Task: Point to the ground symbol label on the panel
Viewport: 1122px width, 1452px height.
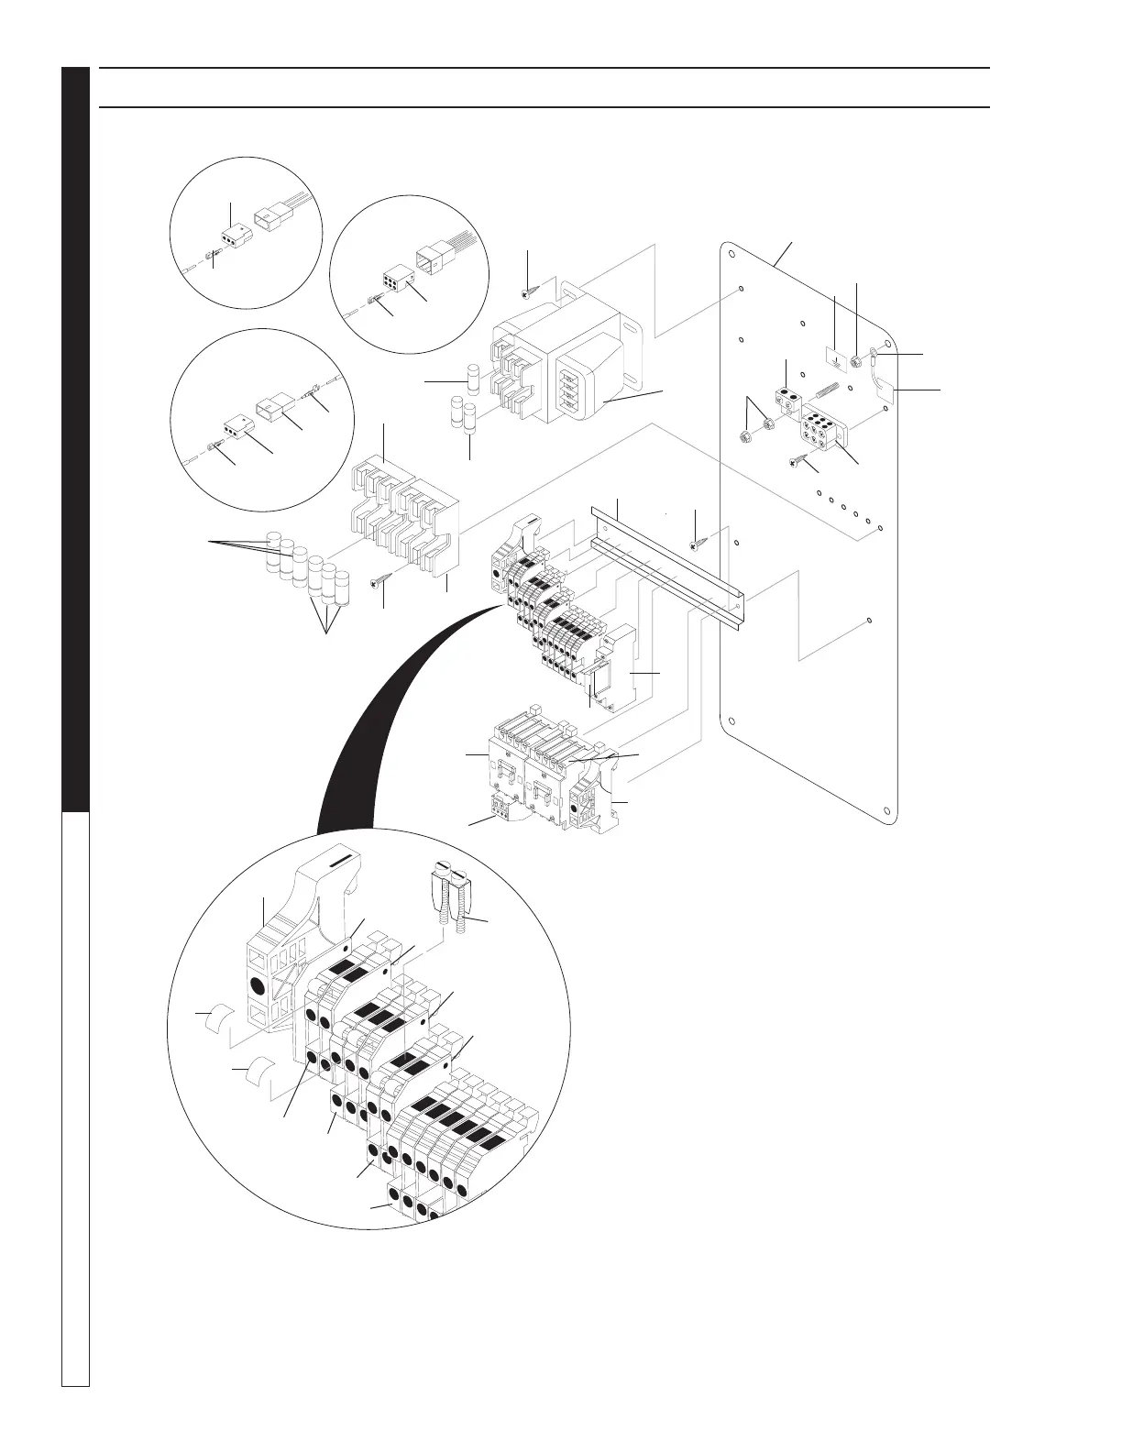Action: [x=834, y=356]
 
